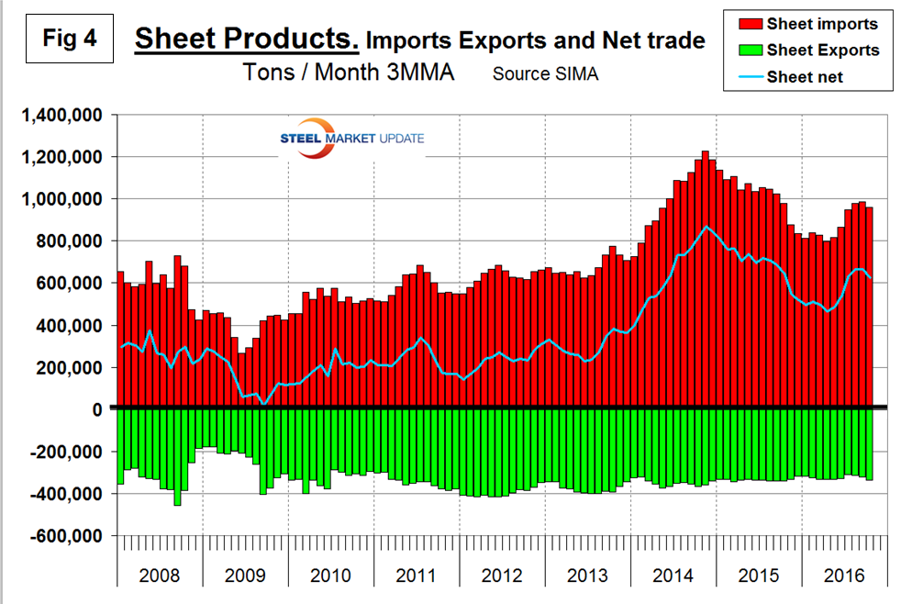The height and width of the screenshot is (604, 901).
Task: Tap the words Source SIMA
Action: tap(545, 74)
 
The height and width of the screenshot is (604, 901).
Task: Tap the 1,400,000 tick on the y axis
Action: tap(61, 116)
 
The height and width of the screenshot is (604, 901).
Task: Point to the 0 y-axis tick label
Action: tap(98, 410)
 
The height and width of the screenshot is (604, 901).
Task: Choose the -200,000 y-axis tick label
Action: tap(66, 453)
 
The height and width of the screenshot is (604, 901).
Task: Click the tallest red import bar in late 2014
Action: tap(705, 275)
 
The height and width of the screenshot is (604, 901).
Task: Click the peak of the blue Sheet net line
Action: tap(706, 226)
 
